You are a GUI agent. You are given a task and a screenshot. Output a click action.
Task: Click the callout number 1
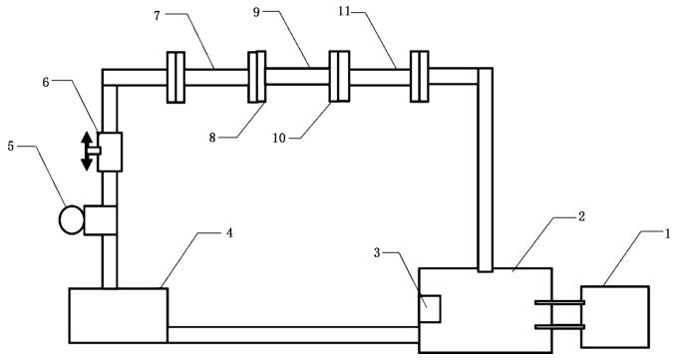pos(667,234)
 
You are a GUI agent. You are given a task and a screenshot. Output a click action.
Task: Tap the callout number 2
pos(581,216)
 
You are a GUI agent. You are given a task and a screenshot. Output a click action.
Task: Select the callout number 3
pos(377,252)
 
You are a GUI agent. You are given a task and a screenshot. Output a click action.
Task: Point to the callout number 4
pos(229,233)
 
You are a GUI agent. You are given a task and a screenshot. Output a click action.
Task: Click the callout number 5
pos(11,147)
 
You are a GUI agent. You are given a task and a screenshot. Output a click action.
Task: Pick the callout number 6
pos(46,82)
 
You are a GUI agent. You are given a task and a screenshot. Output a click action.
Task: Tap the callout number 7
pos(157,16)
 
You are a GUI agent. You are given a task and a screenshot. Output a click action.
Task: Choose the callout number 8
pos(212,138)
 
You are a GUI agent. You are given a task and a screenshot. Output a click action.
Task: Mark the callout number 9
pos(257,12)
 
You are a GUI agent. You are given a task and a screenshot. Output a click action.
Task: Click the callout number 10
pos(279,138)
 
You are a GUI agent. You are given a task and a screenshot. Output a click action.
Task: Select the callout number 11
pos(345,11)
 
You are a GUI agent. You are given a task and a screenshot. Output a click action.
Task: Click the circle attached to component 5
pos(72,220)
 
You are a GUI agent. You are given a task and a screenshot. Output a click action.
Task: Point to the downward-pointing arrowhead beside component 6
pos(87,164)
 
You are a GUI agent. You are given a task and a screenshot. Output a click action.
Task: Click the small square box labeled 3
pos(430,309)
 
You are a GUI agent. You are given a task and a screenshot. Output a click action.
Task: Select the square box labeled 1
pos(615,317)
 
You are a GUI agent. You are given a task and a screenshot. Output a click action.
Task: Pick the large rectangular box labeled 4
pos(119,315)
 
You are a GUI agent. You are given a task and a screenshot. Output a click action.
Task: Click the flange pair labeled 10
pos(339,77)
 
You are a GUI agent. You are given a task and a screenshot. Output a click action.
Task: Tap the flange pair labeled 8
pos(257,77)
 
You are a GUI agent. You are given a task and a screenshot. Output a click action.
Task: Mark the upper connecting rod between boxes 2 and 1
pos(560,302)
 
